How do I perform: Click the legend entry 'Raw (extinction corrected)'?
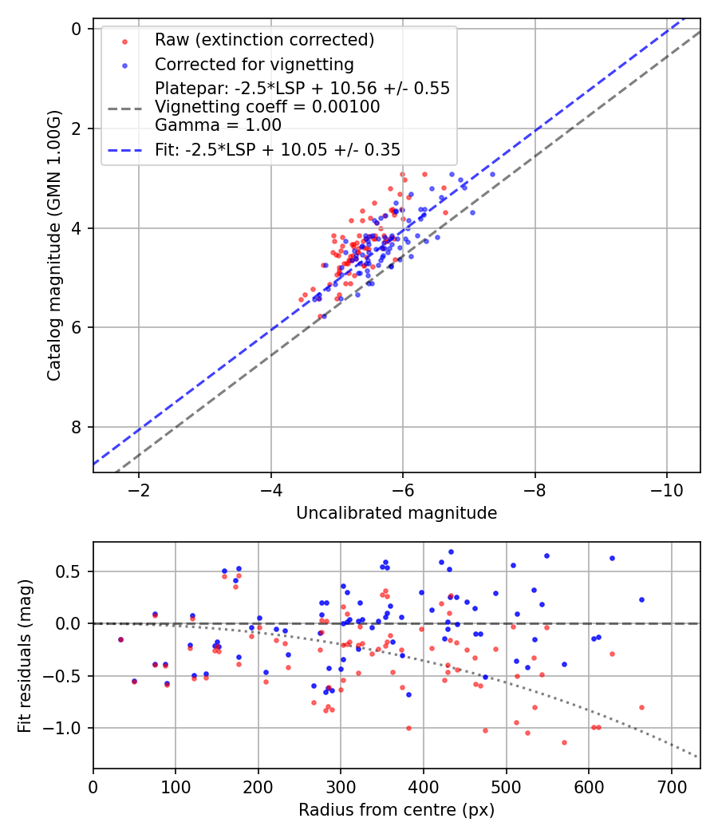point(264,40)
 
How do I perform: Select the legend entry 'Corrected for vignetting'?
point(254,64)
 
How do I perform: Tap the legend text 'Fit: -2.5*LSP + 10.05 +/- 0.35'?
point(278,149)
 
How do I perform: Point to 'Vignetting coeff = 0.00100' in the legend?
point(267,107)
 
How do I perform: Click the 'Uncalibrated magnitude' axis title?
point(396,513)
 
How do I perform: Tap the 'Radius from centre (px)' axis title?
point(396,810)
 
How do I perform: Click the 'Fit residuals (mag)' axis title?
point(25,654)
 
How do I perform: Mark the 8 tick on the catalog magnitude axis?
point(77,427)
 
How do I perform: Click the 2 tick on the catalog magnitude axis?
point(77,128)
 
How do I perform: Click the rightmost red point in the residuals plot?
point(641,707)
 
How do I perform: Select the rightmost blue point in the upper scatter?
point(492,174)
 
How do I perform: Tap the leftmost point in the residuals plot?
point(120,639)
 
